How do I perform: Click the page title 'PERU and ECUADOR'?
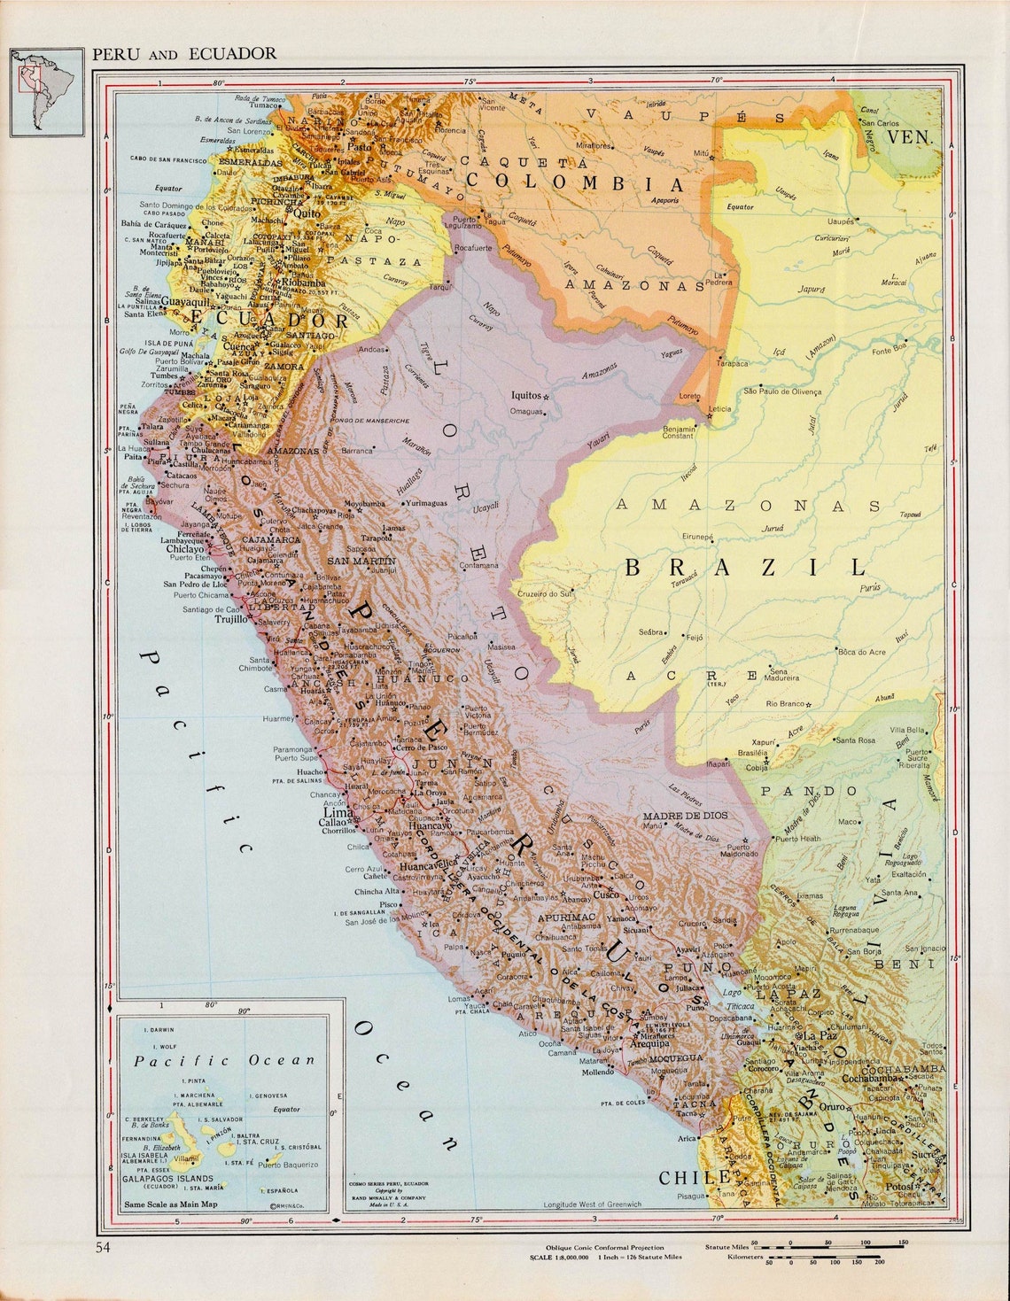(x=184, y=54)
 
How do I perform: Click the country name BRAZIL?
(x=745, y=568)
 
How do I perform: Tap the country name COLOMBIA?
(x=575, y=183)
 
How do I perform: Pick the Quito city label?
(x=307, y=213)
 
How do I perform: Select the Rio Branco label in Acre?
(x=784, y=704)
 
